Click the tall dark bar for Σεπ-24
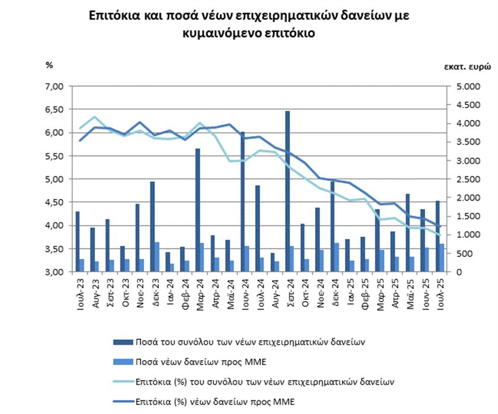[288, 191]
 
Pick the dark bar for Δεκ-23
[152, 226]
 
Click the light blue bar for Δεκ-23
[157, 257]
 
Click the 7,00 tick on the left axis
[55, 87]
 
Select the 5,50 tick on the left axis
[55, 156]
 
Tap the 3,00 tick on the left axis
[55, 272]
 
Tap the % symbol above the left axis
[49, 65]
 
